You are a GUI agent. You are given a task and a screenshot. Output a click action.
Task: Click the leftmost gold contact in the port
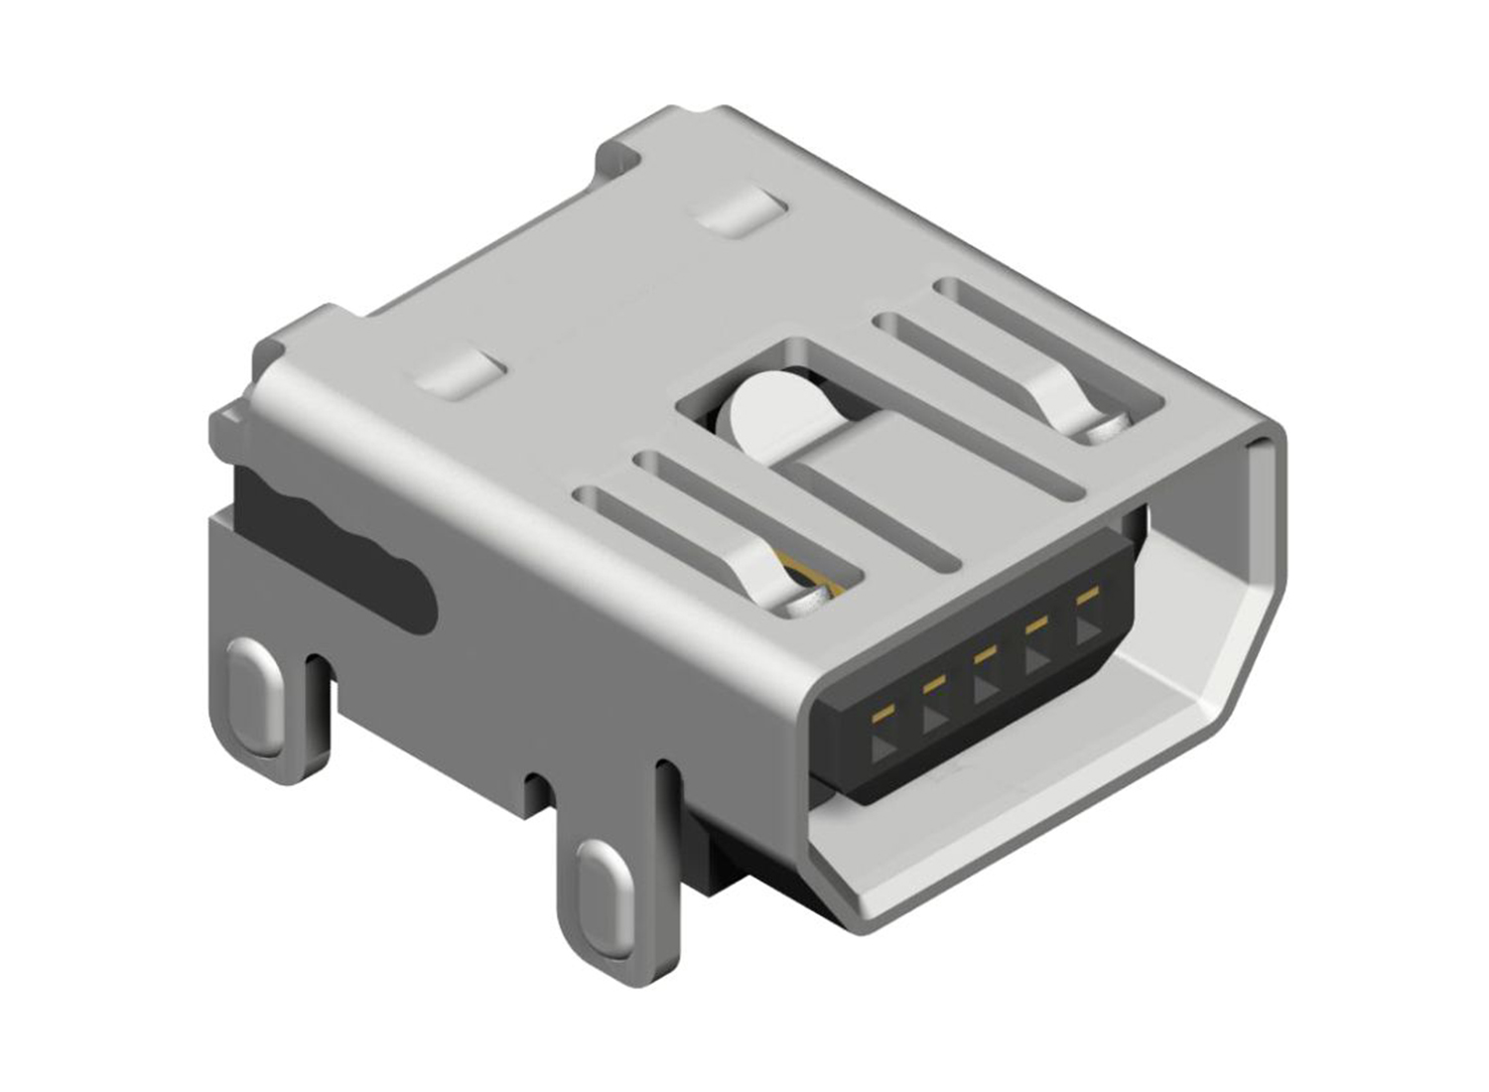(881, 714)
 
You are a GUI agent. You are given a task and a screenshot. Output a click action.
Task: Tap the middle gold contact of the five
(985, 654)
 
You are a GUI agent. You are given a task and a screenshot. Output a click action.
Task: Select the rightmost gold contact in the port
(1088, 596)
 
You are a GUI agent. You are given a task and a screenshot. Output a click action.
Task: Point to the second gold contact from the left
(933, 684)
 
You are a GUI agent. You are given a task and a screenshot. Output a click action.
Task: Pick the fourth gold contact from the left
(1036, 624)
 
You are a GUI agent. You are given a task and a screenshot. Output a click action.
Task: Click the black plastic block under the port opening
(735, 854)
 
